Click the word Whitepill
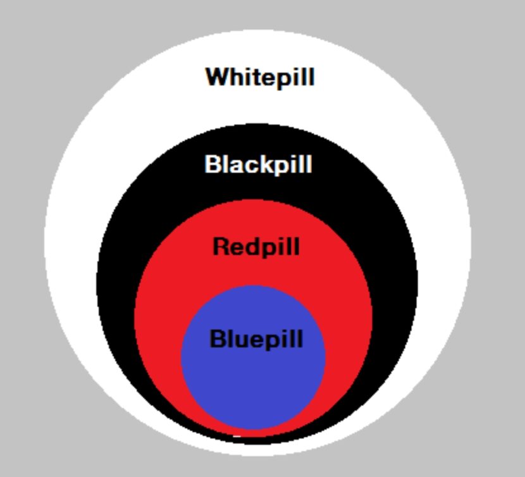(x=259, y=78)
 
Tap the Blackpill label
(x=258, y=165)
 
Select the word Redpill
(x=256, y=246)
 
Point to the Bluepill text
(x=256, y=339)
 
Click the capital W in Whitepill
(x=217, y=77)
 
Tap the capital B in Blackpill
(x=213, y=164)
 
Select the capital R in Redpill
(x=221, y=245)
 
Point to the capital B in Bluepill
(x=218, y=338)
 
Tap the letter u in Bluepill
(x=241, y=340)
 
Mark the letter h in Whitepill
(x=236, y=77)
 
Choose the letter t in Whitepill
(x=254, y=78)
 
